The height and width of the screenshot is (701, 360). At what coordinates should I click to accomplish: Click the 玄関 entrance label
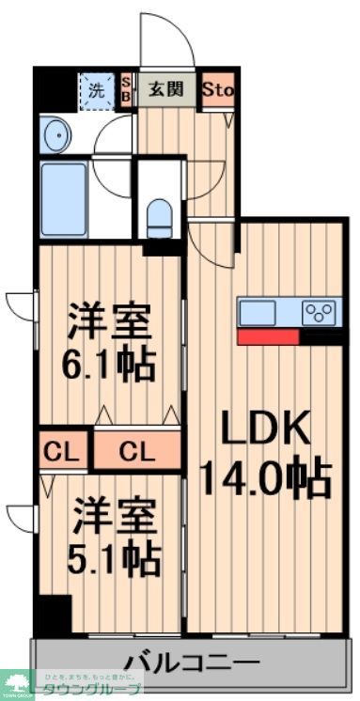pyautogui.click(x=170, y=91)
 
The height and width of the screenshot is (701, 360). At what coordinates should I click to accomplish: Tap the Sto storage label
pyautogui.click(x=218, y=91)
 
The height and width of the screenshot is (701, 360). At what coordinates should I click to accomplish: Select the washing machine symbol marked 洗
pyautogui.click(x=95, y=91)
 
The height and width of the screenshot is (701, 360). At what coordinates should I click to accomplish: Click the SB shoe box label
pyautogui.click(x=128, y=91)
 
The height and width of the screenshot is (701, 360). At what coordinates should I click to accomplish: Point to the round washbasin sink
pyautogui.click(x=55, y=135)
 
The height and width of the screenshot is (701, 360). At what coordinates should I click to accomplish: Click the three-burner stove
pyautogui.click(x=321, y=312)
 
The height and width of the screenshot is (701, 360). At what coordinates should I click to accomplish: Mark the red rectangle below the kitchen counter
pyautogui.click(x=268, y=336)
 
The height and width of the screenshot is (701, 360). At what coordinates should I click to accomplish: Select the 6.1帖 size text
pyautogui.click(x=110, y=364)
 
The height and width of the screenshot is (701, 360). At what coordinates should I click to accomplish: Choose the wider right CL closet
pyautogui.click(x=136, y=452)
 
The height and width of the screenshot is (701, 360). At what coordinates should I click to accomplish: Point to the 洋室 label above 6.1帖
pyautogui.click(x=110, y=322)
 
